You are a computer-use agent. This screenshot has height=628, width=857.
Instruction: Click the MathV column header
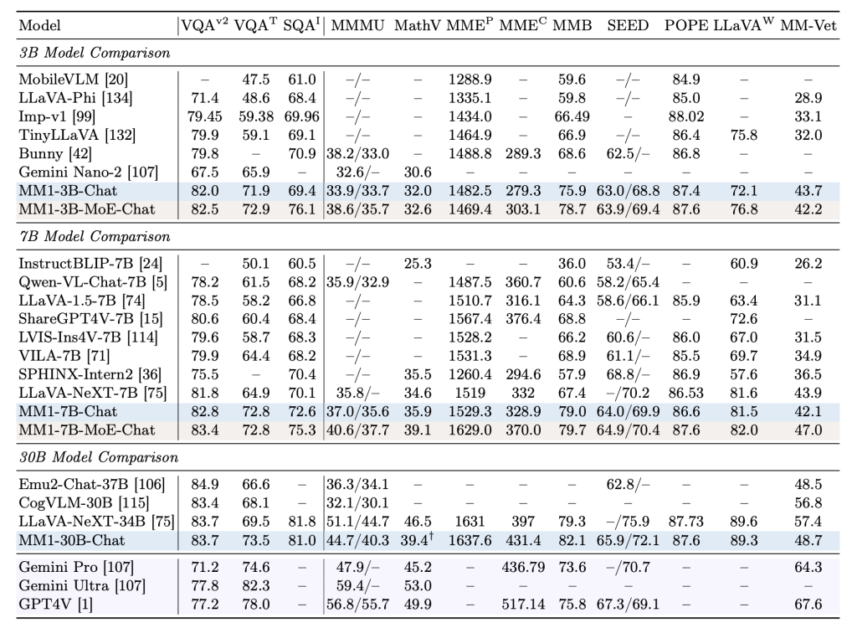coord(415,25)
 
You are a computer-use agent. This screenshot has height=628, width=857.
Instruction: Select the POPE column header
coord(686,25)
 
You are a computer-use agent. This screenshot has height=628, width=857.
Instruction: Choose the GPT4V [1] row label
coord(50,603)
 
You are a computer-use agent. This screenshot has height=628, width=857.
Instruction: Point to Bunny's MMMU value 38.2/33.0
coord(358,154)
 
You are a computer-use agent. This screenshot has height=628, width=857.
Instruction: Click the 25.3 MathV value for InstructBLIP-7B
coord(415,264)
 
